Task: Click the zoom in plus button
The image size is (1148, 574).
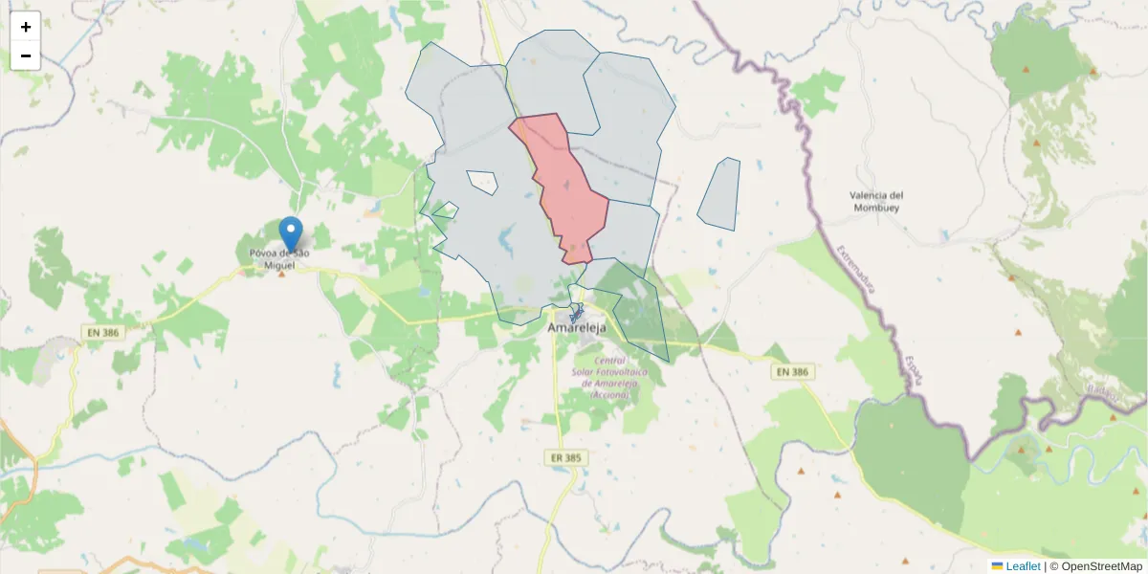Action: click(26, 27)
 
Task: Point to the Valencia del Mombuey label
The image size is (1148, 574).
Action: click(876, 201)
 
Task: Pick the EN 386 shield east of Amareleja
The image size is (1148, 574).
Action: click(792, 371)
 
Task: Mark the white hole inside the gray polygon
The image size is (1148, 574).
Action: click(482, 181)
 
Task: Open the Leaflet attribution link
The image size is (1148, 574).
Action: click(1023, 566)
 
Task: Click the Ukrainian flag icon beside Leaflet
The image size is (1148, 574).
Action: click(997, 566)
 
